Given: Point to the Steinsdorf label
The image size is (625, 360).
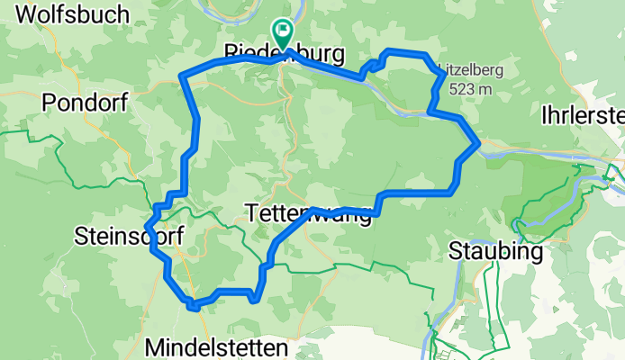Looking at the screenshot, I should coord(128,237).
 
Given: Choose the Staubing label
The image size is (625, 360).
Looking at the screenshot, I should coord(495,252).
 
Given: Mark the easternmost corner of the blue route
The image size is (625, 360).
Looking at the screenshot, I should coord(476,142).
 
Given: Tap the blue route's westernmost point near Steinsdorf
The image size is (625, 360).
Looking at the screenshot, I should coord(146,226).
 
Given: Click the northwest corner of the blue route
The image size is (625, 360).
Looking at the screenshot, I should coord(183,75).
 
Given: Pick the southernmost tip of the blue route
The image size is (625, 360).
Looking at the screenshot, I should coord(191,307).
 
